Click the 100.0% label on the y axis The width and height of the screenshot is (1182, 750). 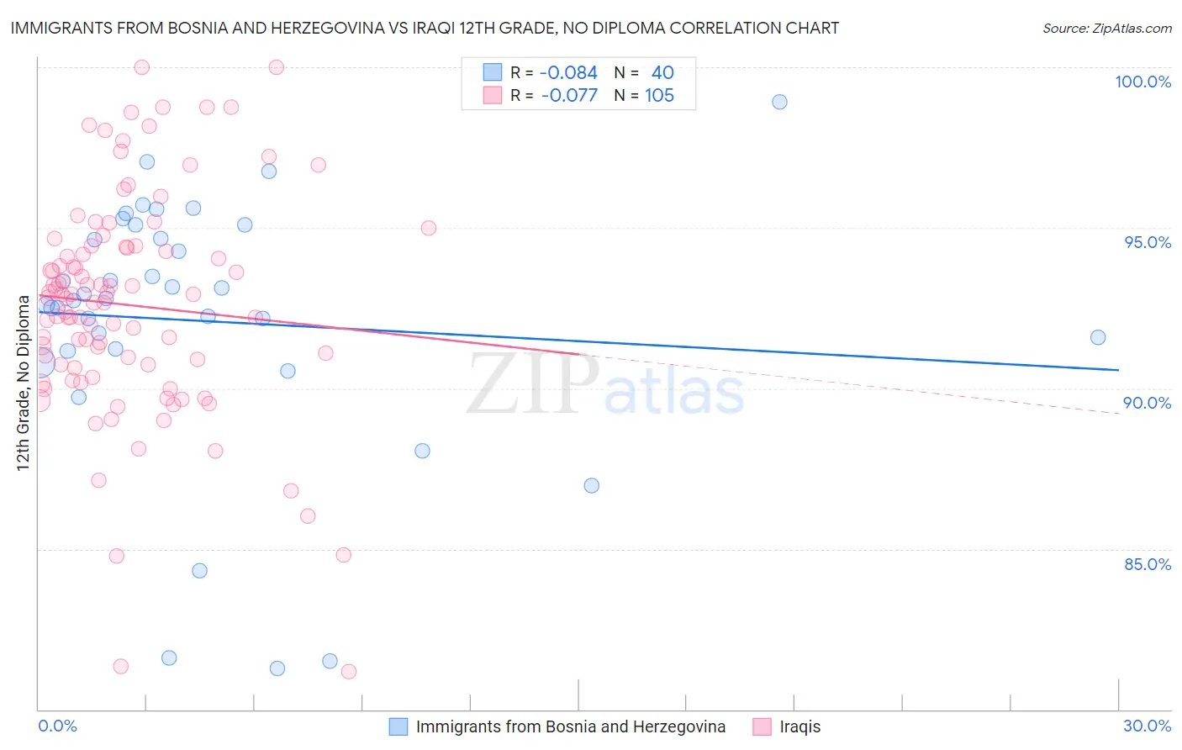pyautogui.click(x=1142, y=82)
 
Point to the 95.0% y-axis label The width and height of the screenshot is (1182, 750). pyautogui.click(x=1148, y=242)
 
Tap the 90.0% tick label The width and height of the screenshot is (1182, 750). pyautogui.click(x=1148, y=403)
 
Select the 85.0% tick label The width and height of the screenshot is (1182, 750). pyautogui.click(x=1148, y=564)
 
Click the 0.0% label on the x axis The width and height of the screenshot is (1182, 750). pyautogui.click(x=57, y=726)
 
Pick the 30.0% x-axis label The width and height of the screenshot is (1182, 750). pyautogui.click(x=1147, y=726)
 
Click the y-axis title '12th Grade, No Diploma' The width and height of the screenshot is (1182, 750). pyautogui.click(x=24, y=383)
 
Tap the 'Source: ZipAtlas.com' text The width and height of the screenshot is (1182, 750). pyautogui.click(x=1106, y=29)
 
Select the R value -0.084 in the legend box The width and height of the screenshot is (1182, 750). pyautogui.click(x=568, y=72)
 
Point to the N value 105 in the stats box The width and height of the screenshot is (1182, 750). pyautogui.click(x=659, y=95)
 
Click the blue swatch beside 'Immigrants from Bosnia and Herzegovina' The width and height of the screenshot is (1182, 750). pyautogui.click(x=398, y=726)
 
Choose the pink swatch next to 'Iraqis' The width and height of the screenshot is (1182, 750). pyautogui.click(x=762, y=726)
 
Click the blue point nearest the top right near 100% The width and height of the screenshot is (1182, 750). pyautogui.click(x=779, y=102)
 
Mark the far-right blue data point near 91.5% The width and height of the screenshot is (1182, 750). pyautogui.click(x=1098, y=337)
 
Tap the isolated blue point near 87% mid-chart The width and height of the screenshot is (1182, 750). pyautogui.click(x=591, y=485)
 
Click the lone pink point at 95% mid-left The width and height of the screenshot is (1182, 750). pyautogui.click(x=428, y=228)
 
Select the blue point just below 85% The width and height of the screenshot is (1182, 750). pyautogui.click(x=199, y=570)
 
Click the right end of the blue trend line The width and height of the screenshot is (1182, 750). pyautogui.click(x=1118, y=370)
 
